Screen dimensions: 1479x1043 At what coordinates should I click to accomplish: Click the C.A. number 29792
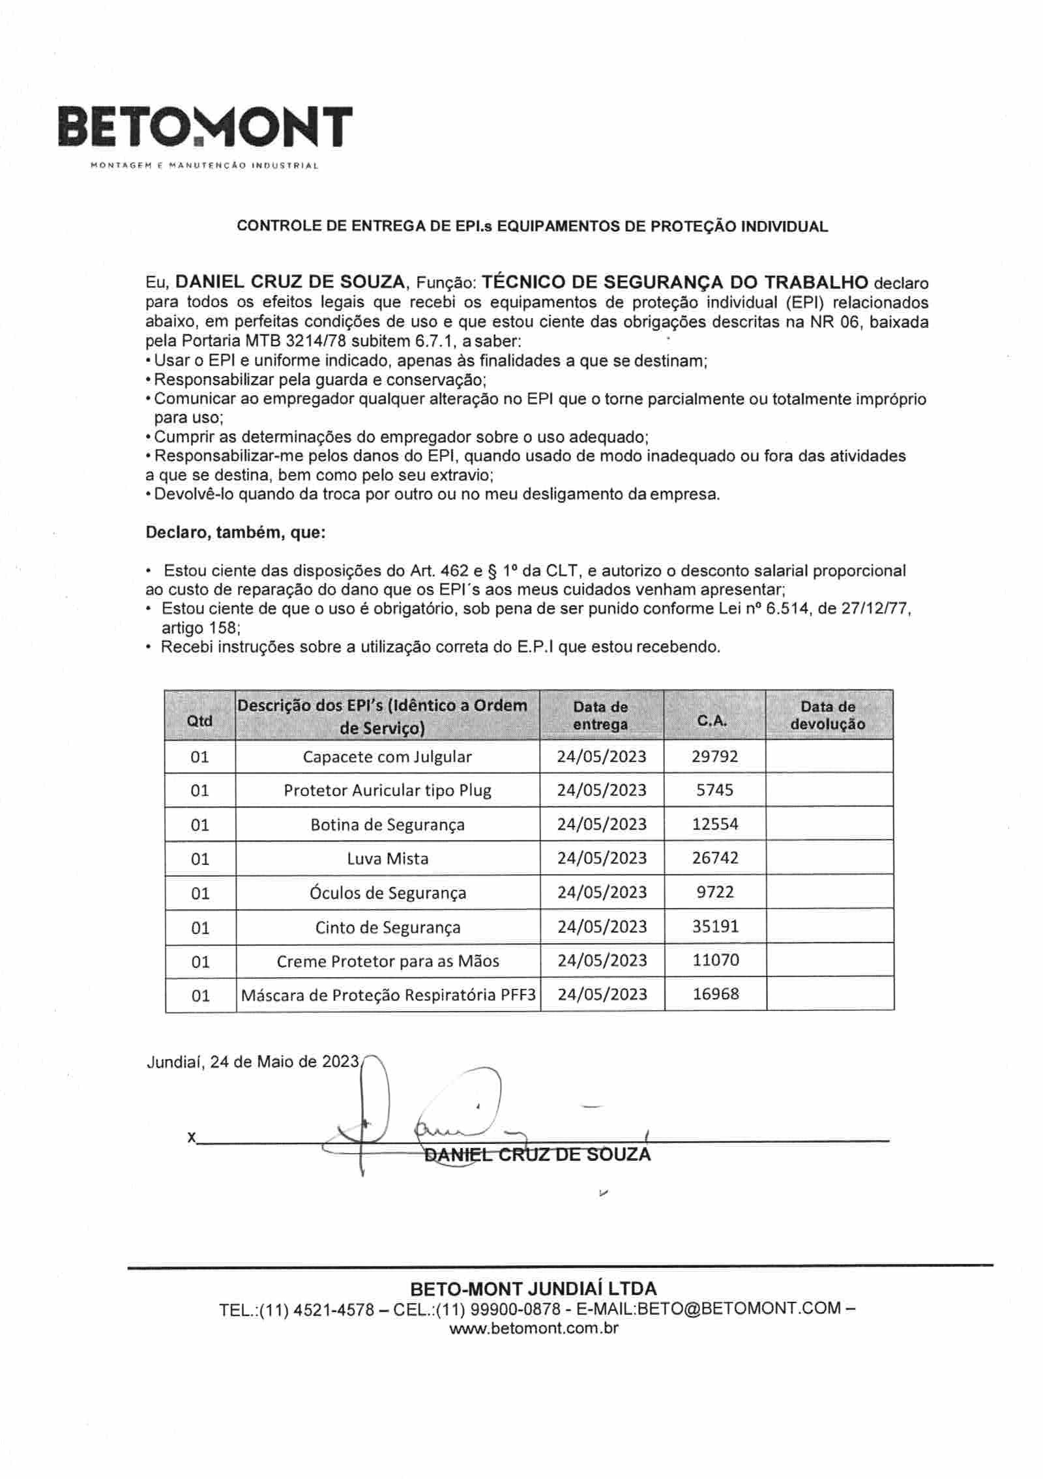[714, 756]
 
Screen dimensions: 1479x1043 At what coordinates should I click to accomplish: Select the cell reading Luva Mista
[387, 858]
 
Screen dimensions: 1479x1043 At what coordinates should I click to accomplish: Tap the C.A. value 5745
[714, 790]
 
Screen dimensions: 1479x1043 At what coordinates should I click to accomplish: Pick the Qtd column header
[199, 720]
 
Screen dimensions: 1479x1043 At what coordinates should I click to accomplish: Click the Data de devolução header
[828, 715]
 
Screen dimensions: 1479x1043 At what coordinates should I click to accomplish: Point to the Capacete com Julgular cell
[387, 757]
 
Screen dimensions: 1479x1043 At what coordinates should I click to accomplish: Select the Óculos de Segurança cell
[388, 892]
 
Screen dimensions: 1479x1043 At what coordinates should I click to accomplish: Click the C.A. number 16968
[716, 994]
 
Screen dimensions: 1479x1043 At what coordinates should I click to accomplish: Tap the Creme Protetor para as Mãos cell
[388, 961]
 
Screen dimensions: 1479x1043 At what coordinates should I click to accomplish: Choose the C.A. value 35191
[715, 926]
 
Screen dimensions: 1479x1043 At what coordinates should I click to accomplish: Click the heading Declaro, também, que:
[235, 533]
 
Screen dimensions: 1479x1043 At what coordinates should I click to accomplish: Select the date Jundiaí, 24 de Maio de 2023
[252, 1062]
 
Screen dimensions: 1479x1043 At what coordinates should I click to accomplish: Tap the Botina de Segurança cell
[387, 825]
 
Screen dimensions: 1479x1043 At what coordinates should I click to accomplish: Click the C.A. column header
[714, 720]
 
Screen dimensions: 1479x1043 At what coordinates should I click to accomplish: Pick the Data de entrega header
[600, 715]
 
